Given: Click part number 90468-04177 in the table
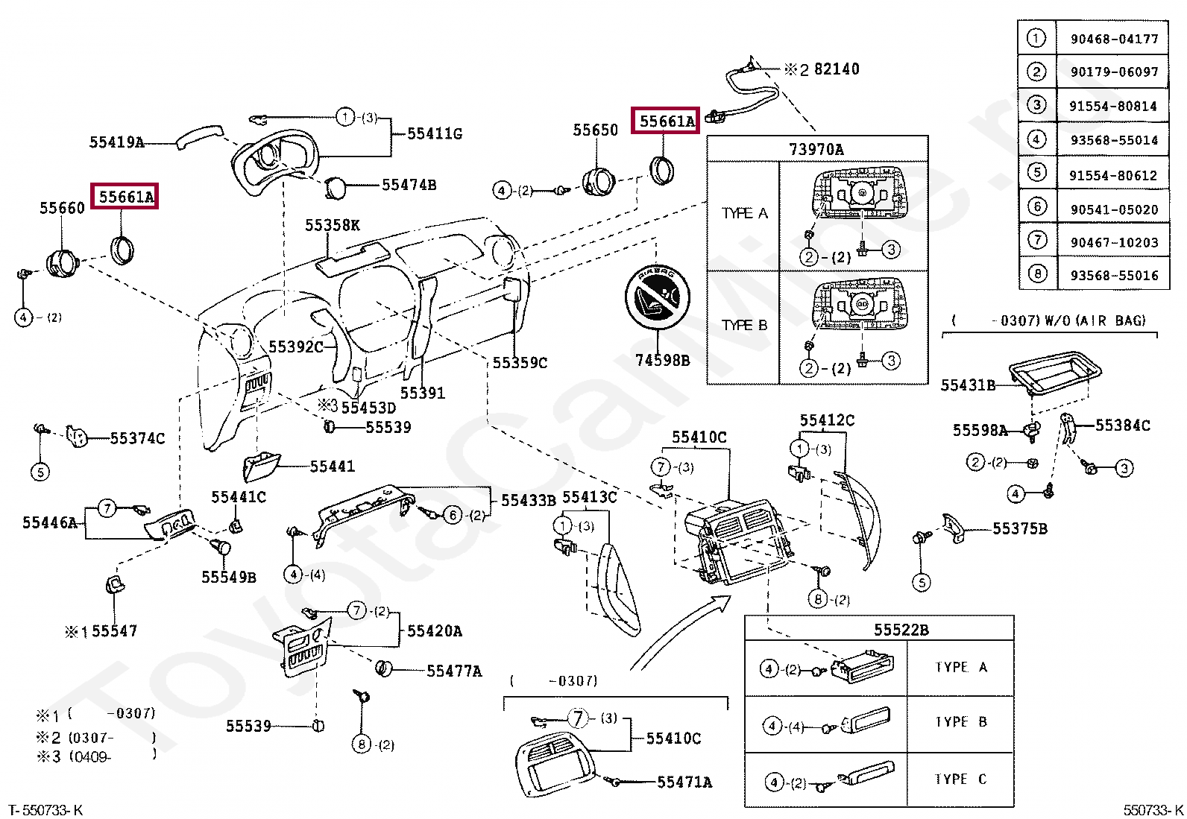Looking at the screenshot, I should tap(1114, 39).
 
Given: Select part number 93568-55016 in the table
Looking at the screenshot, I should tap(1114, 275).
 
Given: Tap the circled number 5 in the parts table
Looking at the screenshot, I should tap(1037, 172).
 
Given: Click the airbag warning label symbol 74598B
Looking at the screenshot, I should tap(658, 297).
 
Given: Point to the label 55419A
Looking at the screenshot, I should tap(116, 142).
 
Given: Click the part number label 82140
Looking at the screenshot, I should tap(837, 69).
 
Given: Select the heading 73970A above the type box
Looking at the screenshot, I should tap(816, 149).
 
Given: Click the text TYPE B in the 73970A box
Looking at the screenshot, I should tap(744, 326).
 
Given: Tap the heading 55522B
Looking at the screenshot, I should tap(901, 630).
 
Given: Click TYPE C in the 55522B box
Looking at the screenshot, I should tap(961, 780).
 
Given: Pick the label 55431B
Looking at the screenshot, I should tap(968, 385).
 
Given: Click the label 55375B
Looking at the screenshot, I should tap(1019, 529).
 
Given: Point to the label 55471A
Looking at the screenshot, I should tap(684, 782).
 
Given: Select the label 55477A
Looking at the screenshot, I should tap(453, 671).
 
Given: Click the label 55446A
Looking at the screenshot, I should tap(50, 523).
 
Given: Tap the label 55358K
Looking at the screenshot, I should tap(333, 225).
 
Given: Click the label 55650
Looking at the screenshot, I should tap(595, 130).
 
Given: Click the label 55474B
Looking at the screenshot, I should tap(409, 185).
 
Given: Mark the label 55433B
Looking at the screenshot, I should tap(528, 500).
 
